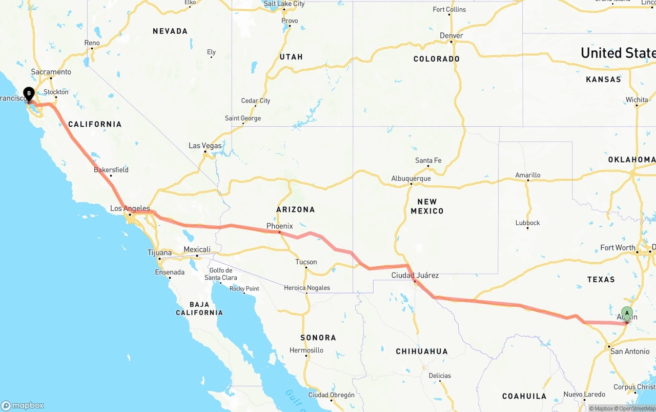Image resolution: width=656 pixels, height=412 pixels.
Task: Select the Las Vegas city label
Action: pyautogui.click(x=205, y=146)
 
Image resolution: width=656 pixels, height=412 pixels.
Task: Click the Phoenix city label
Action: pyautogui.click(x=279, y=226)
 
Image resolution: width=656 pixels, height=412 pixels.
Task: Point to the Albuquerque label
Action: pyautogui.click(x=411, y=179)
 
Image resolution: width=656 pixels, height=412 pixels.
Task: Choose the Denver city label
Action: pyautogui.click(x=451, y=35)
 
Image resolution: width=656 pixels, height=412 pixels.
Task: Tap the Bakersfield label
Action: pyautogui.click(x=111, y=170)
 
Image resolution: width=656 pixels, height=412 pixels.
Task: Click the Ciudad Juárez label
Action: pyautogui.click(x=415, y=276)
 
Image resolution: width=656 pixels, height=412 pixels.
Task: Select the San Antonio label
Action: pyautogui.click(x=630, y=351)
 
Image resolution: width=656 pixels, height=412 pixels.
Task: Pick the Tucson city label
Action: pyautogui.click(x=306, y=262)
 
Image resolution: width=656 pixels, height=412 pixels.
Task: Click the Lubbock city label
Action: pyautogui.click(x=528, y=223)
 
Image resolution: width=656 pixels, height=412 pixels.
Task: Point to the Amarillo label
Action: pyautogui.click(x=528, y=175)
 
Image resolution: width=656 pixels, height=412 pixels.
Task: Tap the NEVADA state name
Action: pyautogui.click(x=170, y=31)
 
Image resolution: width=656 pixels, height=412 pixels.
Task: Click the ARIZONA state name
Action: pyautogui.click(x=296, y=209)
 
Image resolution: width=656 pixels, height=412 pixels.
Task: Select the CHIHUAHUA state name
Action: pyautogui.click(x=422, y=351)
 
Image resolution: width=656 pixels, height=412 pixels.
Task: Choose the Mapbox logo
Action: pyautogui.click(x=23, y=405)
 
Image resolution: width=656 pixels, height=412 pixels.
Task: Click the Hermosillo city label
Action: pyautogui.click(x=306, y=350)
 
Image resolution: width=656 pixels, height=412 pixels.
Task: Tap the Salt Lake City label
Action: pyautogui.click(x=284, y=4)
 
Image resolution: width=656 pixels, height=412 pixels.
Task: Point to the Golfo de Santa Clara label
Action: pyautogui.click(x=221, y=274)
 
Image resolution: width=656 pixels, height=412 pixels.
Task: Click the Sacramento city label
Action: pyautogui.click(x=51, y=72)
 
